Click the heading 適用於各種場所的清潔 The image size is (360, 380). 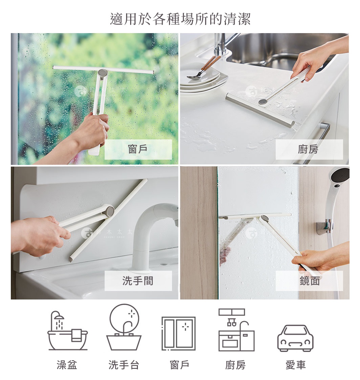pyautogui.click(x=180, y=19)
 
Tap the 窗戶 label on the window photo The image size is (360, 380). pyautogui.click(x=138, y=149)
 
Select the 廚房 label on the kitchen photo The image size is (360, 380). pyautogui.click(x=309, y=149)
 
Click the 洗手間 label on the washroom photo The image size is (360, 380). pyautogui.click(x=138, y=281)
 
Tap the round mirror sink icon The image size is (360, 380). pyautogui.click(x=124, y=327)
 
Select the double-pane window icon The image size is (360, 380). pyautogui.click(x=178, y=333)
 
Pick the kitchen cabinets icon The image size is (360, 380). pyautogui.click(x=236, y=330)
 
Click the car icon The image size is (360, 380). pyautogui.click(x=295, y=338)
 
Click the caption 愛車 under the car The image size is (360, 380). pyautogui.click(x=295, y=365)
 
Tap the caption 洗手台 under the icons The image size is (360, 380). pyautogui.click(x=124, y=365)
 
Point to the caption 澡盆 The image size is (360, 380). pyautogui.click(x=67, y=365)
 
